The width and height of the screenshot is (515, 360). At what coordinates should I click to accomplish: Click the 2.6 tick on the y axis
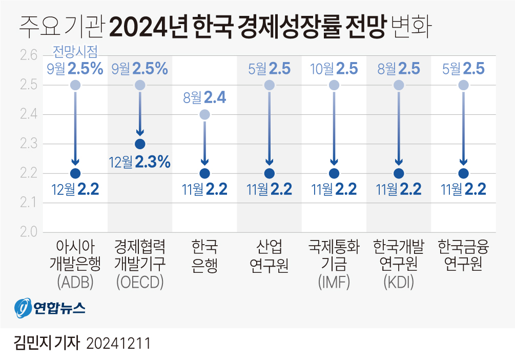click(x=28, y=55)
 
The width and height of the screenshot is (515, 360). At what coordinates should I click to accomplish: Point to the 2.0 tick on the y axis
click(x=28, y=232)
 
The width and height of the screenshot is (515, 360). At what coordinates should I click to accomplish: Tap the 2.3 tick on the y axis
click(x=28, y=144)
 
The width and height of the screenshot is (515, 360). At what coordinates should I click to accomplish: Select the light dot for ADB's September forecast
click(x=75, y=85)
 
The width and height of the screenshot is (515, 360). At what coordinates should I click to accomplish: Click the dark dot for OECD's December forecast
click(x=140, y=144)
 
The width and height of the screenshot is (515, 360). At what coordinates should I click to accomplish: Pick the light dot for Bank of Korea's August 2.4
click(x=204, y=114)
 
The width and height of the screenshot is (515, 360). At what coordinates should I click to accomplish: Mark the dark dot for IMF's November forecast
click(x=334, y=173)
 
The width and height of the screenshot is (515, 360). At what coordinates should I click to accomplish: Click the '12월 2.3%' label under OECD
click(x=139, y=163)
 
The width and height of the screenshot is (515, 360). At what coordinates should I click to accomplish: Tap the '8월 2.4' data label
click(x=204, y=97)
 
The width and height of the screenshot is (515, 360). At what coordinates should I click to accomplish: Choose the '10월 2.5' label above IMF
click(x=334, y=68)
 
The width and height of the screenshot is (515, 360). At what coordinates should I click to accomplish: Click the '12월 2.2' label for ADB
click(x=75, y=190)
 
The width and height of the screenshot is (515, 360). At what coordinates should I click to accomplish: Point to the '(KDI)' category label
click(x=399, y=282)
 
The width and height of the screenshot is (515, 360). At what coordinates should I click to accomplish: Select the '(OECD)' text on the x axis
click(x=140, y=282)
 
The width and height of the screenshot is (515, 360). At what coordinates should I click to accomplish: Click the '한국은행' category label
click(x=204, y=256)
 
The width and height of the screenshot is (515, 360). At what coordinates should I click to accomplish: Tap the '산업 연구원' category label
click(x=270, y=256)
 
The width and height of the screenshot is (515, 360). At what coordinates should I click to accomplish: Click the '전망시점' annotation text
click(x=75, y=52)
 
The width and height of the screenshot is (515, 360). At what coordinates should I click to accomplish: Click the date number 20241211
click(x=118, y=343)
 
